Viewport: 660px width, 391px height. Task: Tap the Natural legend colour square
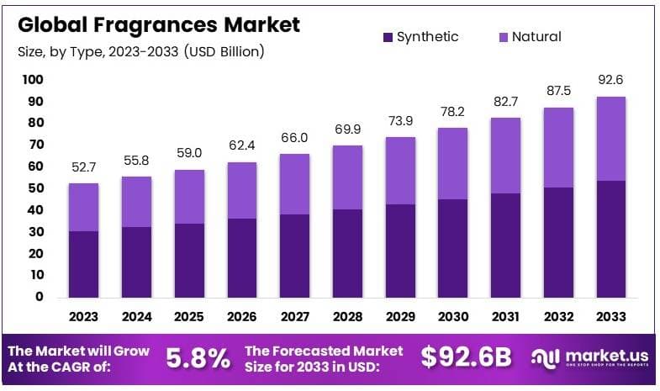[x=503, y=37]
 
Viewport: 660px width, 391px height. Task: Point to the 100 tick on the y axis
[x=32, y=80]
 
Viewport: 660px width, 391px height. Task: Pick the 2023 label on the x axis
[x=83, y=317]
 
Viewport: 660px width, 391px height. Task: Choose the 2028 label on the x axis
[x=348, y=317]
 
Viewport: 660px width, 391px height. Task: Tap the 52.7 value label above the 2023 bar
[x=83, y=167]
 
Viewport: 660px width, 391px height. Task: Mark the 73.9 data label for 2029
[x=401, y=121]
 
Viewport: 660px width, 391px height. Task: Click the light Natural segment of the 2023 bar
[x=83, y=207]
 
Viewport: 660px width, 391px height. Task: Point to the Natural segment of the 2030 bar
[x=454, y=163]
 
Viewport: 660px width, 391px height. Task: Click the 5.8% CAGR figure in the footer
[x=198, y=358]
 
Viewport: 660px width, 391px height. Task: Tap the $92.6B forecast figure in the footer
[x=466, y=358]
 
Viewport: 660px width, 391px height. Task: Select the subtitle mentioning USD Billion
[x=141, y=52]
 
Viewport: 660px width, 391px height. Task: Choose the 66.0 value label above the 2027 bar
[x=295, y=138]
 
